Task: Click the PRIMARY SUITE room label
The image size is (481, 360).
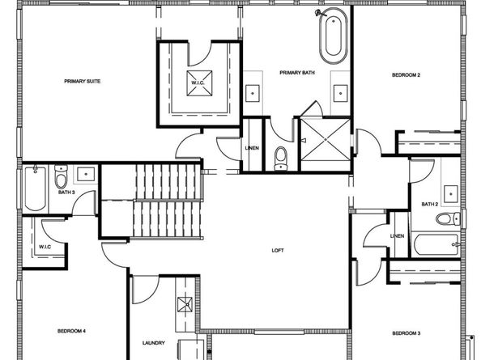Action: coord(83,81)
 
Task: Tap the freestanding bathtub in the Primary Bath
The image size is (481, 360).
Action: coord(334,36)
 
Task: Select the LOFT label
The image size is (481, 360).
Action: coord(278,250)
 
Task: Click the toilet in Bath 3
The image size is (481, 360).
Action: coord(61,177)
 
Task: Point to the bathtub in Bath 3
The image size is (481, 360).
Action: coord(36,188)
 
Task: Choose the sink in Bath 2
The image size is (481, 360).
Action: coord(450,194)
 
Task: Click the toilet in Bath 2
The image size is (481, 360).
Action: coord(448,218)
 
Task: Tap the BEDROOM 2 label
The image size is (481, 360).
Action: coord(406,74)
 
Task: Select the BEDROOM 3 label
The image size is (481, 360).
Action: coord(407,333)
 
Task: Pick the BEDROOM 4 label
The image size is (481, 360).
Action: coord(71,331)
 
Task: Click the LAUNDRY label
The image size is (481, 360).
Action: coord(153,343)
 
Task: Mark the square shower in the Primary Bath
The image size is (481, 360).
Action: coord(326,139)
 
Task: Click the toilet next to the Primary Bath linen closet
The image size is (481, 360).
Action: coord(281,159)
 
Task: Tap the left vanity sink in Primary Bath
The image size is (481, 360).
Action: coord(253,93)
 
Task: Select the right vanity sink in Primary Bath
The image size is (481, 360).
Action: coord(340,93)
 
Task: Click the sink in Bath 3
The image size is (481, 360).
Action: coord(86,174)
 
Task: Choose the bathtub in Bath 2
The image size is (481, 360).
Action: coord(436,244)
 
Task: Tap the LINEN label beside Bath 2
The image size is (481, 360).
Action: coord(397,236)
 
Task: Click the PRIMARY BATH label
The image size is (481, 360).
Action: coord(297,73)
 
